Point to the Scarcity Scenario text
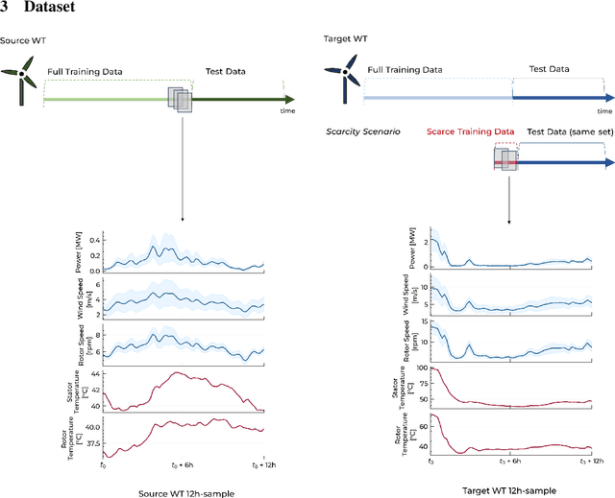361,130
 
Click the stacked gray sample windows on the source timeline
180,99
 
